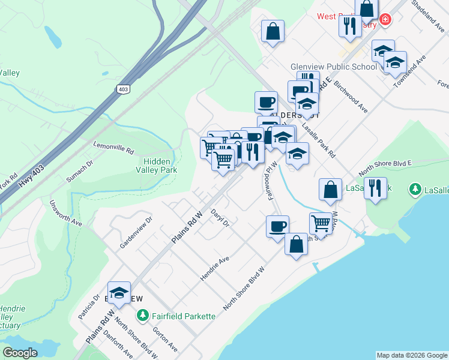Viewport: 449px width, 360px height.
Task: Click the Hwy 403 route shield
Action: (x=124, y=89)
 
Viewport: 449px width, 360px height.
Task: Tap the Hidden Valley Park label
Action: (x=160, y=166)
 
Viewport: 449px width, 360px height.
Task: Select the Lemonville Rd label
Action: (x=113, y=148)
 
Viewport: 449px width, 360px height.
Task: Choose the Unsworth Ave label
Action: (x=66, y=213)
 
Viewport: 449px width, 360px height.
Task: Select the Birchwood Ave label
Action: (x=349, y=97)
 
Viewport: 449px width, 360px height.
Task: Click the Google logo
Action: (x=20, y=353)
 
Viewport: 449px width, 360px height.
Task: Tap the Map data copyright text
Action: (x=412, y=355)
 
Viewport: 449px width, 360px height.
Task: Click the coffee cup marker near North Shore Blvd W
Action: (x=277, y=227)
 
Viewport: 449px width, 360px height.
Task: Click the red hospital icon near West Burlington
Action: (x=385, y=19)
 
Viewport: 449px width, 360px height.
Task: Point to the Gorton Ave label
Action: (x=165, y=339)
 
